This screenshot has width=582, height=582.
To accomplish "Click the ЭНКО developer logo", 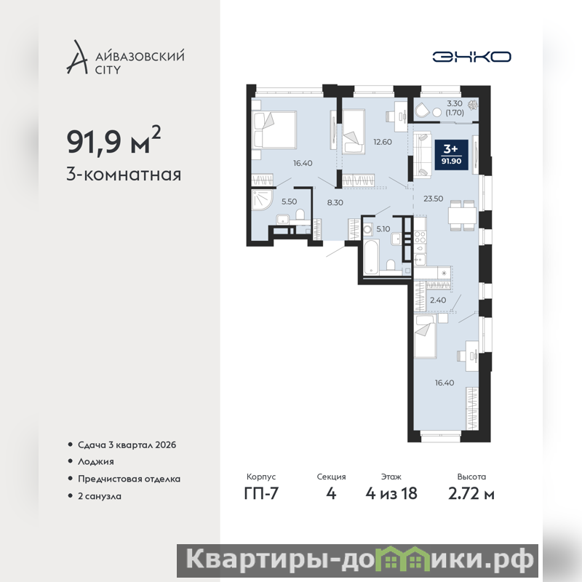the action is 471,57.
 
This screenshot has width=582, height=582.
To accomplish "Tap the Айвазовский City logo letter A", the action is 77,57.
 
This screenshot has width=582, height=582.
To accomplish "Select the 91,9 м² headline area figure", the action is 113,140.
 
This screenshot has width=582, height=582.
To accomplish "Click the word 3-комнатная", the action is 124,174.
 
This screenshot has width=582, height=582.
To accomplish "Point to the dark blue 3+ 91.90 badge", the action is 451,155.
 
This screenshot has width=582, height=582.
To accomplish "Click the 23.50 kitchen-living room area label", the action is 433,199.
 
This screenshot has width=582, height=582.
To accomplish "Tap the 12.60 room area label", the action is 383,142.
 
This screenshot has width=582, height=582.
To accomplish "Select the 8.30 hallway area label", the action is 335,202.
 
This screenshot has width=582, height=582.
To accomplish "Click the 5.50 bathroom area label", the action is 289,202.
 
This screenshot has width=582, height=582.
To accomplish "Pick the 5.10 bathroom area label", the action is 383,229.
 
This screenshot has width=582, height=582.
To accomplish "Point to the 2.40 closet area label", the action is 438,300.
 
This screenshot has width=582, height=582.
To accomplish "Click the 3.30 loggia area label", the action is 454,103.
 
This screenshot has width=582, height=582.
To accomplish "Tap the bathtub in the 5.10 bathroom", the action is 371,257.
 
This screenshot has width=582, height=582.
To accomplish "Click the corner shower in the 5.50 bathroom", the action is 263,201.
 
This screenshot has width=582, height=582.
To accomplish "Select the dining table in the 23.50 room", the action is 462,215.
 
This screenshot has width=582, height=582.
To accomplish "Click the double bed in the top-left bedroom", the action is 274,130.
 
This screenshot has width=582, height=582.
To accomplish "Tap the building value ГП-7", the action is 261,493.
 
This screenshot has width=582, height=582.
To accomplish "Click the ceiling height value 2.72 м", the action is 471,494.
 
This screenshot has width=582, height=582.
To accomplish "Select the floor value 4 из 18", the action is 391,493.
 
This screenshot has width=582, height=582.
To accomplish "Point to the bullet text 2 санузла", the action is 100,496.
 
